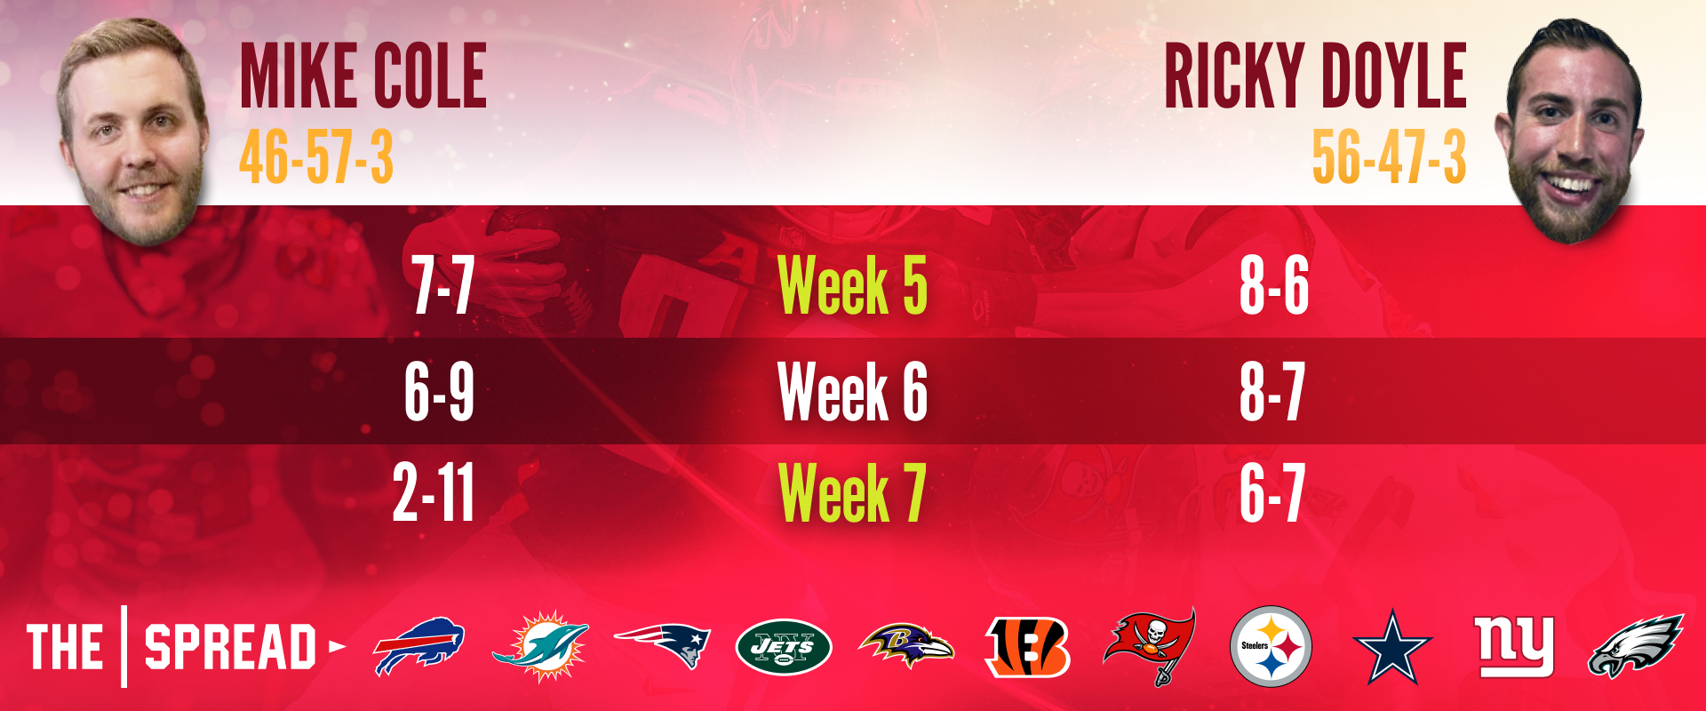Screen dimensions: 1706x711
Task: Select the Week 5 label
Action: point(852,285)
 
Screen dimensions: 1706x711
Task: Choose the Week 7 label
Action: point(852,493)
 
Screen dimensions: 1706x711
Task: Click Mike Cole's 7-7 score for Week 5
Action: point(442,285)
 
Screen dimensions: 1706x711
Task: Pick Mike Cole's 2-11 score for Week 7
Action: point(434,493)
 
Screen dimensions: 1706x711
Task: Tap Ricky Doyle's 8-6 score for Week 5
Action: point(1274,285)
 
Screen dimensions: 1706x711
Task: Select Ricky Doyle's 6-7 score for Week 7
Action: point(1272,493)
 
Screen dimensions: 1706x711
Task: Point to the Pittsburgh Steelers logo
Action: point(1271,646)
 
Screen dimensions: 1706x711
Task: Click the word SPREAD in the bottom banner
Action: point(230,647)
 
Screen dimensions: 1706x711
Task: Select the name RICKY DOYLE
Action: point(1315,76)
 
